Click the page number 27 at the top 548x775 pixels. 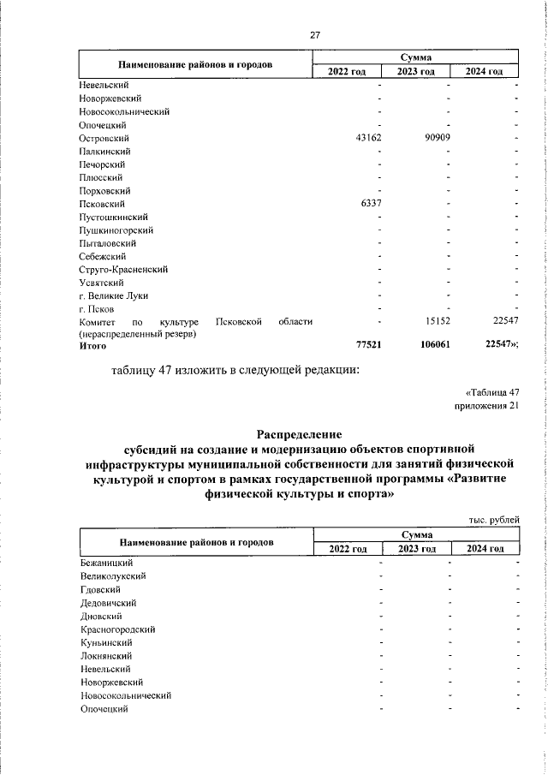point(315,35)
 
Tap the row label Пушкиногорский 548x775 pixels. point(116,230)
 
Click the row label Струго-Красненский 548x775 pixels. point(123,270)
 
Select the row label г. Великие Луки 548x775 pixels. point(113,295)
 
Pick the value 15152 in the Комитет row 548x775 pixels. point(438,321)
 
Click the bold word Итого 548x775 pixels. point(92,346)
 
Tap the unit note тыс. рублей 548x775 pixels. point(493,519)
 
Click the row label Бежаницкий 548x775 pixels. point(105,563)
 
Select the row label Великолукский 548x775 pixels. point(112,576)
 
